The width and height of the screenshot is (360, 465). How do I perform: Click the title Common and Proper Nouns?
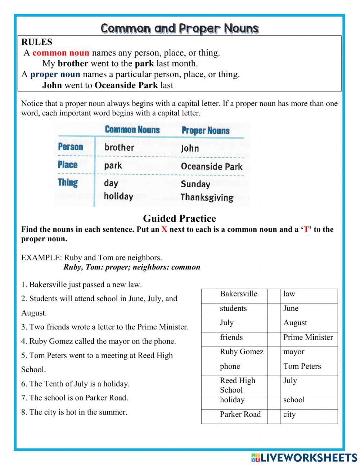pos(179,28)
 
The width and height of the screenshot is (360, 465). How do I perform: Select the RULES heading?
pos(37,42)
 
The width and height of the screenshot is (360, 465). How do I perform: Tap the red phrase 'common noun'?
pos(61,53)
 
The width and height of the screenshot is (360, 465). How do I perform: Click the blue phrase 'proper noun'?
pos(55,75)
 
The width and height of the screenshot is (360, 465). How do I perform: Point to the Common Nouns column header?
pos(132,130)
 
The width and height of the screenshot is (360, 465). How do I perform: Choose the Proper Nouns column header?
pos(206,130)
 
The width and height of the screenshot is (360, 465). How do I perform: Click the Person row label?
pos(71,147)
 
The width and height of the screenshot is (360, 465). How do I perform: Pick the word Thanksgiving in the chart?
pos(207,197)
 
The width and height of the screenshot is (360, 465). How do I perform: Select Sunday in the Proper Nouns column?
pos(195,184)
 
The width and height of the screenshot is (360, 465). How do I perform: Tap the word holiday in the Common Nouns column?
pos(118,196)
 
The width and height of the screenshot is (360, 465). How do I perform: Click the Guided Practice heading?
pos(179,218)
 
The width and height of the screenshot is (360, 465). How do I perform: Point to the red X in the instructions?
pos(164,229)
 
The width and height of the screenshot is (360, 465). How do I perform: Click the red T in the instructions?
pos(306,229)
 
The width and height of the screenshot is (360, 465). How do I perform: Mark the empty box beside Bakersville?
pos(209,296)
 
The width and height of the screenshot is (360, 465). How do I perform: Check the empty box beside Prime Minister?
pos(274,339)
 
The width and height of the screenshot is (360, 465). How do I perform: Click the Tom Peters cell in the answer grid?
pos(302,366)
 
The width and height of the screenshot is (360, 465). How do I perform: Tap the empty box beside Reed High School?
pos(209,385)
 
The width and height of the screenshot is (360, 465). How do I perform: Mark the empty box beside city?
pos(274,416)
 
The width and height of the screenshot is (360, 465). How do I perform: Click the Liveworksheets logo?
pos(304,457)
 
